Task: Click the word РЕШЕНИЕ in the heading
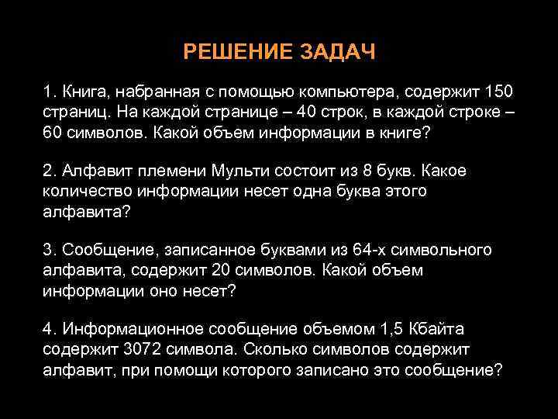coord(230,52)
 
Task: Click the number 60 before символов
coord(52,133)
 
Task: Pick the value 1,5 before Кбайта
coord(385,330)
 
